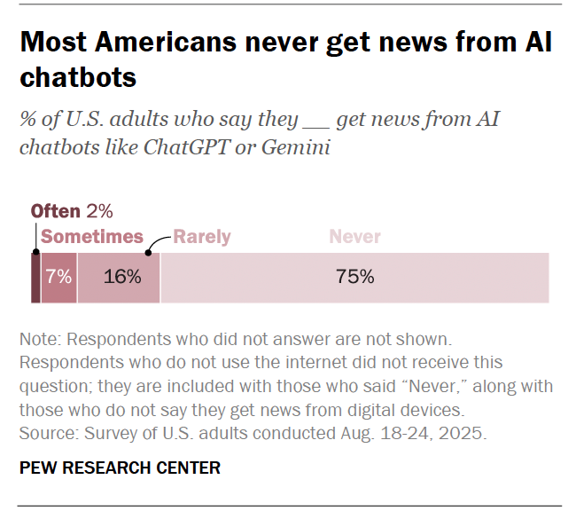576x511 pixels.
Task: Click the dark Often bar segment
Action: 35,278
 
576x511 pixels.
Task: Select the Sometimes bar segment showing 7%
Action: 58,278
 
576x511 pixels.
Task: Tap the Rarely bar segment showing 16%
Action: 119,278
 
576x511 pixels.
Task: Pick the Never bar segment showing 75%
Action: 354,278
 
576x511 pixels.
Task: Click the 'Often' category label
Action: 56,211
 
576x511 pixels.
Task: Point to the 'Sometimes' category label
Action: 92,237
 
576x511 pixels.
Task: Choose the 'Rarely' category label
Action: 201,237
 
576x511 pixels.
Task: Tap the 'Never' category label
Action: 354,237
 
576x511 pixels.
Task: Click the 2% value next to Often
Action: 99,211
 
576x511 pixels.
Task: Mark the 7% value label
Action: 58,277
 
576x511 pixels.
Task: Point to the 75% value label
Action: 354,277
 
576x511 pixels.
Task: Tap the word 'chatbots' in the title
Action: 78,77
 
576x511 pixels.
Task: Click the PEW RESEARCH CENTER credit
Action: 120,467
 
